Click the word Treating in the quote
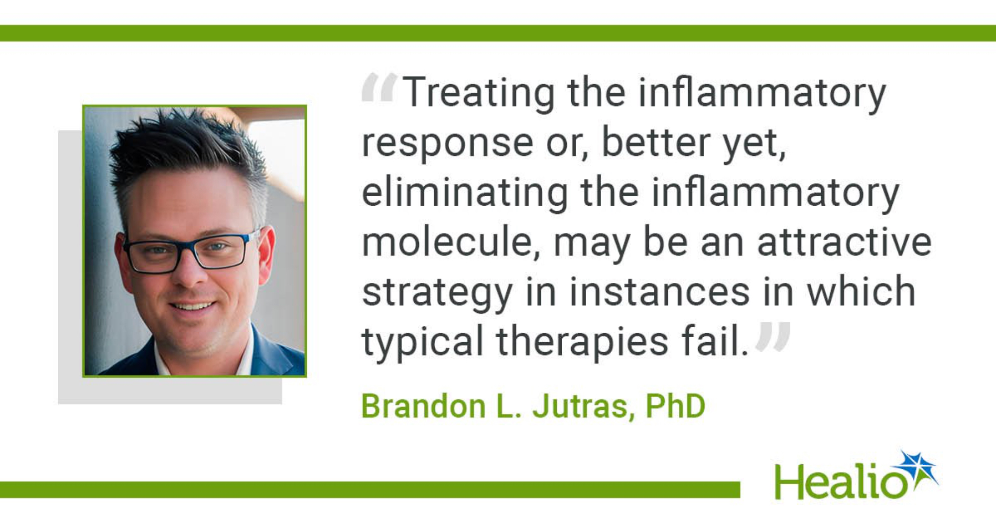coord(479,93)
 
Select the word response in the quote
coord(448,143)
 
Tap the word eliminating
coord(465,193)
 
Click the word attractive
coord(844,242)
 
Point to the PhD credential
coord(675,406)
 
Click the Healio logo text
coord(841,481)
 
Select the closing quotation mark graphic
coord(773,337)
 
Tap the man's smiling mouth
coord(192,305)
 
